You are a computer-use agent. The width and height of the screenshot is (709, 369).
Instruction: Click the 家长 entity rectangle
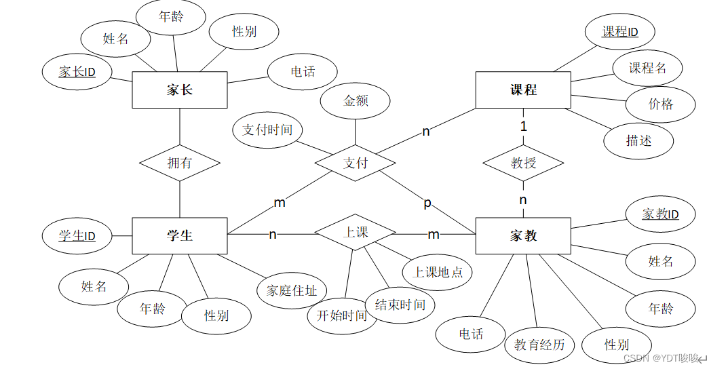[179, 90]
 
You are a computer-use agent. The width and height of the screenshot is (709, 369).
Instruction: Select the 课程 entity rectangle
[523, 90]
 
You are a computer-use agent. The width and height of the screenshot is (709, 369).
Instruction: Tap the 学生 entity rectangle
[179, 235]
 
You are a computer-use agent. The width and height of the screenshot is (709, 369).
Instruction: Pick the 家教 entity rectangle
[523, 235]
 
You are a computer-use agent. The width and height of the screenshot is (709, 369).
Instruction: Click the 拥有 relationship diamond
[180, 163]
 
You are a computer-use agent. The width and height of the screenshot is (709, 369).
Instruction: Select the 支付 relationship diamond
[355, 163]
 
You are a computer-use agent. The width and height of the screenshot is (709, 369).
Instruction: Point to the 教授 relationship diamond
[523, 163]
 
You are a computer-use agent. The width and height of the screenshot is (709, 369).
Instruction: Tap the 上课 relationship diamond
[356, 233]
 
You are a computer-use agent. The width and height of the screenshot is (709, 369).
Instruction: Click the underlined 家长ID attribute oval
[77, 71]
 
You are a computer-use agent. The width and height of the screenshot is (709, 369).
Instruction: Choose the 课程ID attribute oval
[619, 32]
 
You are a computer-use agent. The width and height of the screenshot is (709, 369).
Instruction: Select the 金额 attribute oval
[356, 101]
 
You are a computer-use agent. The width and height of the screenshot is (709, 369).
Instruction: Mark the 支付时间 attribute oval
[267, 130]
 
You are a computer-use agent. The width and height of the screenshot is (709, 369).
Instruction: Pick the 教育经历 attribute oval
[539, 345]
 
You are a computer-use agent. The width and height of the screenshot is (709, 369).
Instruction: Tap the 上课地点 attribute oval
[438, 271]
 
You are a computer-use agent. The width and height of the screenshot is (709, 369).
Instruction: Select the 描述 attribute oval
[638, 140]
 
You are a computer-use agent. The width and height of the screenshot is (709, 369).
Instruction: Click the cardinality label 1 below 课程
[523, 126]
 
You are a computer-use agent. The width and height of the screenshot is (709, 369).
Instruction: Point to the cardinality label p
[427, 202]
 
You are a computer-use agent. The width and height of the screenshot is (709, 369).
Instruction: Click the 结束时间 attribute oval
[400, 305]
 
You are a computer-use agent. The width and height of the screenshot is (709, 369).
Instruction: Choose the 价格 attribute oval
[661, 104]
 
